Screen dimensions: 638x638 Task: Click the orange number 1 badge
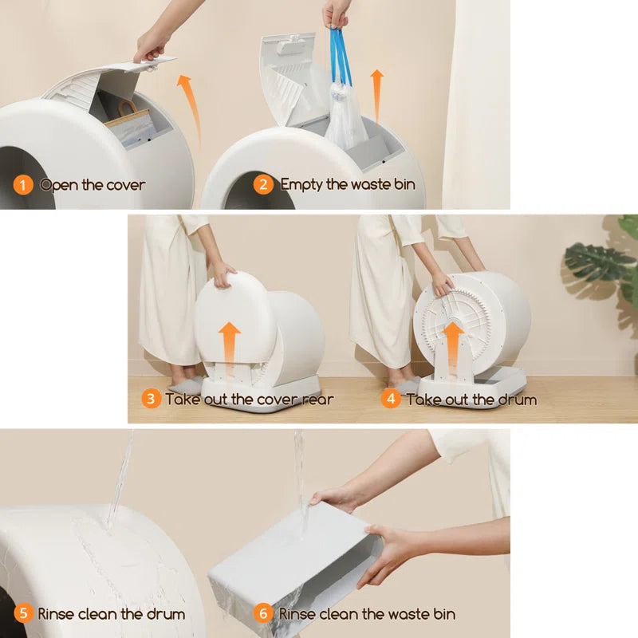pos(23,185)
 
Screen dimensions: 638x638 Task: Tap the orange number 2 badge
pos(263,185)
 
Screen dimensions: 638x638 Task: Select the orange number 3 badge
pos(152,399)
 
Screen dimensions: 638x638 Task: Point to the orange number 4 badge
pos(391,399)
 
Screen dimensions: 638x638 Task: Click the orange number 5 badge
pos(23,614)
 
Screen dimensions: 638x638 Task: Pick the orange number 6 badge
pos(263,614)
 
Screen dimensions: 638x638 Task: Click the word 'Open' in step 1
pos(58,185)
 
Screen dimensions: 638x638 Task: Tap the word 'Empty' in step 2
pos(301,185)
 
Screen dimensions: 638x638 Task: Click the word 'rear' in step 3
pos(316,399)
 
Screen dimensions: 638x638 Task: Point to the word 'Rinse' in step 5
pos(57,614)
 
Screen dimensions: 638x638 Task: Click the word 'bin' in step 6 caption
pos(443,614)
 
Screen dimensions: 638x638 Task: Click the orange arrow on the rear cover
pos(230,345)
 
